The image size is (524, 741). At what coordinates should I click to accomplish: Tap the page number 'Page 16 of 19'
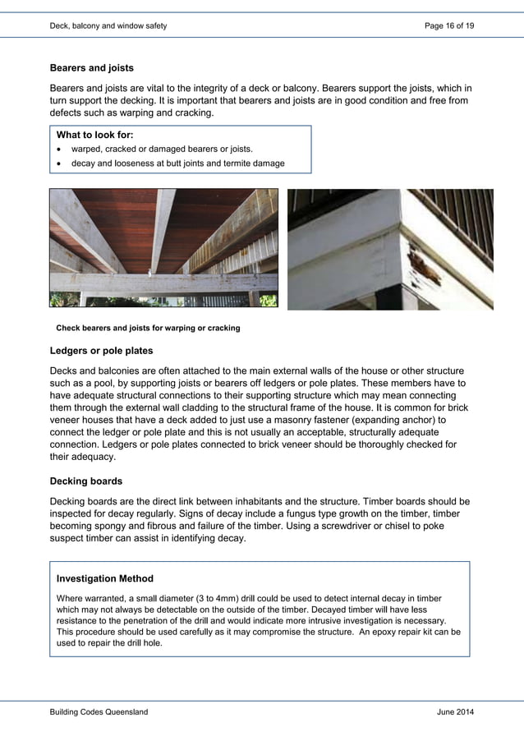click(x=448, y=26)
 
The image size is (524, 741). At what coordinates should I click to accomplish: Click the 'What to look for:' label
click(x=94, y=135)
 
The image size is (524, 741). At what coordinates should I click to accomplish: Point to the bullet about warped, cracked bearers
click(x=162, y=149)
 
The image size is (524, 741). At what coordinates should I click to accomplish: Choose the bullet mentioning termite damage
click(x=177, y=163)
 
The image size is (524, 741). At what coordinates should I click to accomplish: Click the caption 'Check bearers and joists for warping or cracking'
click(x=148, y=328)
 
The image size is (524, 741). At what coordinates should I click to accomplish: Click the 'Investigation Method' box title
click(x=104, y=578)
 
